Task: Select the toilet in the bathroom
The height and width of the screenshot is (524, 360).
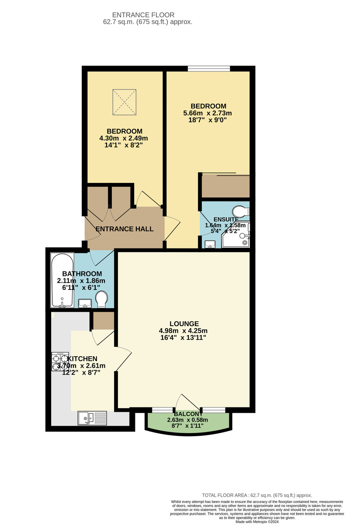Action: (x=101, y=300)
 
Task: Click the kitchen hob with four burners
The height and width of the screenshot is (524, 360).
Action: (x=60, y=362)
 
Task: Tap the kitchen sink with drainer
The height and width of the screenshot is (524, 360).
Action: (x=92, y=418)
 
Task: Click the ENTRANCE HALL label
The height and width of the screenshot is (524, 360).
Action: (x=125, y=229)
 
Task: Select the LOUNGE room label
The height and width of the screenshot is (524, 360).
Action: (x=184, y=324)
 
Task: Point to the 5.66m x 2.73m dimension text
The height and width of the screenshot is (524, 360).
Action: (x=208, y=113)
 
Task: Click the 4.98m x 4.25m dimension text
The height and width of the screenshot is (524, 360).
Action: (x=183, y=331)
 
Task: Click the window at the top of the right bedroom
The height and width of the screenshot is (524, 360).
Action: (x=209, y=68)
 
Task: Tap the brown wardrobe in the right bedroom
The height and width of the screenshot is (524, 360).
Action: (x=225, y=186)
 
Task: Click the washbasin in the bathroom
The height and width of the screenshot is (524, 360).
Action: (x=85, y=303)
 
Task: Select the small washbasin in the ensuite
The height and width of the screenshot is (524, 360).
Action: (x=210, y=244)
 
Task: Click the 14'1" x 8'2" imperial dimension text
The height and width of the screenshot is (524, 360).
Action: (x=125, y=145)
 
